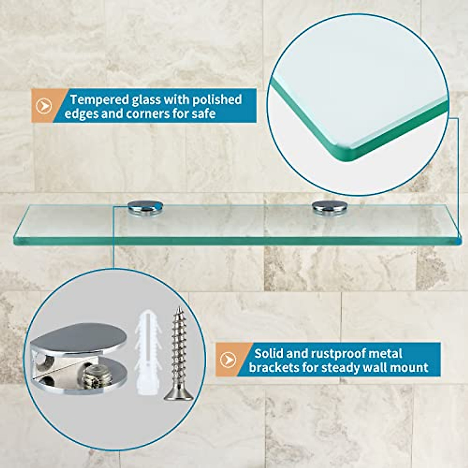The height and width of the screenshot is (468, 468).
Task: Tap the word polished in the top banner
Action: point(217,100)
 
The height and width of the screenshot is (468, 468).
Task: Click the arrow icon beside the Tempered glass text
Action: point(44,106)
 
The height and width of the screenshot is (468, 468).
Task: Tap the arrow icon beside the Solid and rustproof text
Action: point(228,360)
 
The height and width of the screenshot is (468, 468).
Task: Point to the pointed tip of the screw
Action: point(179,308)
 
